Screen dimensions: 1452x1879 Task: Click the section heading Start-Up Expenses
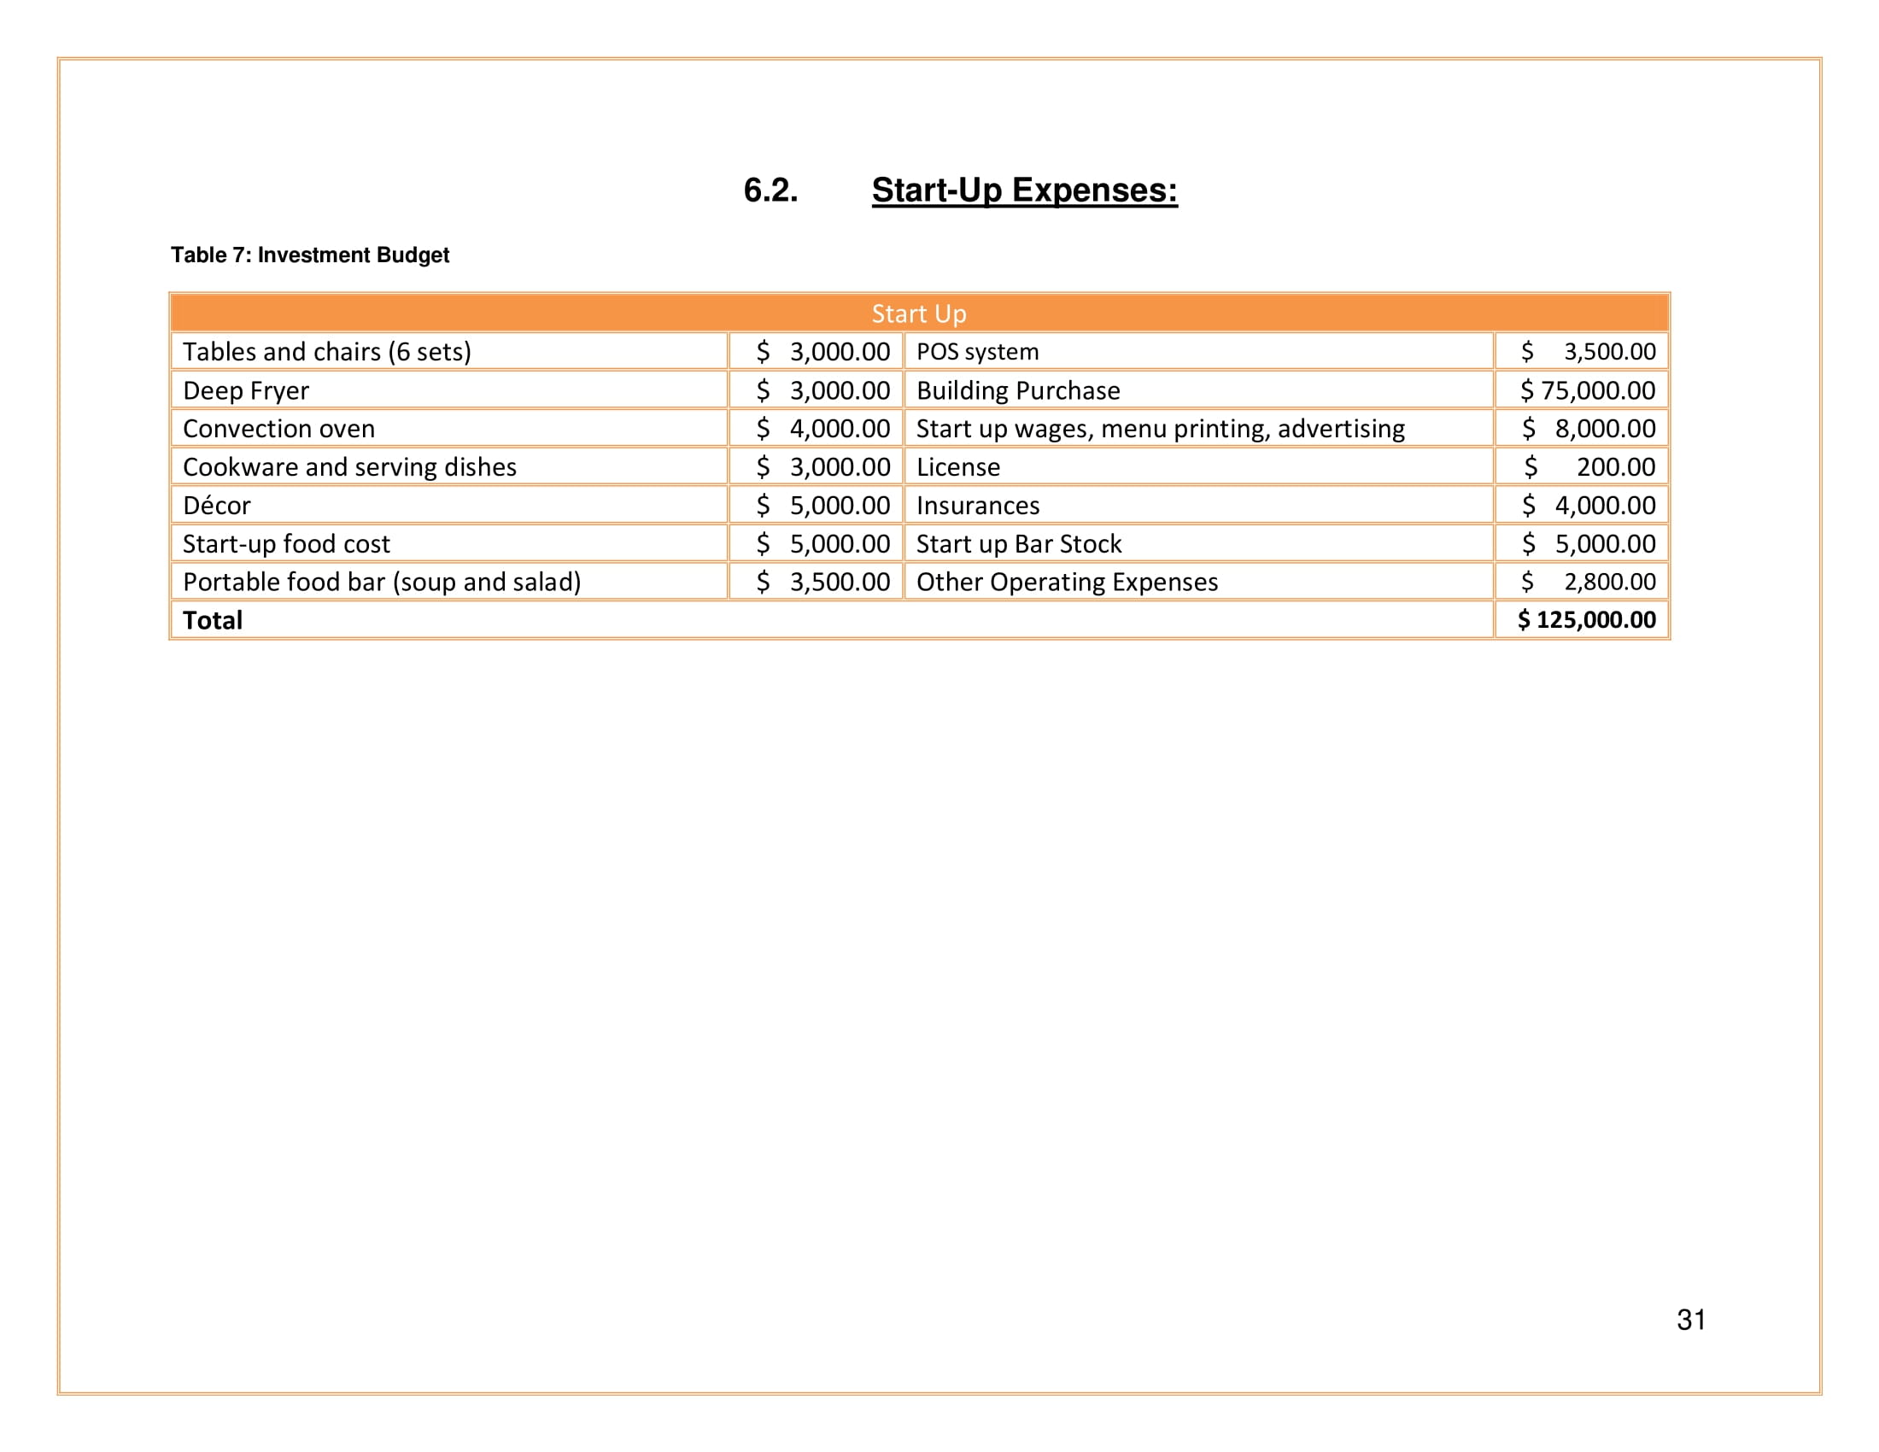pos(1024,190)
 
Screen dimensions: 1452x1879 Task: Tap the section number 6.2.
pos(770,190)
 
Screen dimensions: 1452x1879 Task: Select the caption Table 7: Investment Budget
pos(310,255)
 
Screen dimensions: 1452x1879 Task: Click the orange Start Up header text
pos(919,314)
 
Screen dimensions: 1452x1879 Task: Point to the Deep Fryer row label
pos(245,390)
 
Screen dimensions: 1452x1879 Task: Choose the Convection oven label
pos(278,429)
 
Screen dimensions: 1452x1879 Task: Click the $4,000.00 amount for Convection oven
pos(823,429)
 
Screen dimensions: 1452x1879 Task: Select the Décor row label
pos(217,505)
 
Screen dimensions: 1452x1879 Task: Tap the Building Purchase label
pos(1018,390)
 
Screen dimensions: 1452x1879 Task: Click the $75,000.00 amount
pos(1588,390)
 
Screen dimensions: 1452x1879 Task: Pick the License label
pos(958,467)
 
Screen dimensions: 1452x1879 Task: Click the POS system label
pos(977,352)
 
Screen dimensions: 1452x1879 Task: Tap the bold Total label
pos(213,620)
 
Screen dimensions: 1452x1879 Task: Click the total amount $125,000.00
pos(1587,620)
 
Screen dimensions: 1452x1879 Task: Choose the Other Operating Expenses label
pos(1067,583)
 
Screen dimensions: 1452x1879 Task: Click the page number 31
pos(1691,1320)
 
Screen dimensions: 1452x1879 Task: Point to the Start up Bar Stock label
pos(1019,543)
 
